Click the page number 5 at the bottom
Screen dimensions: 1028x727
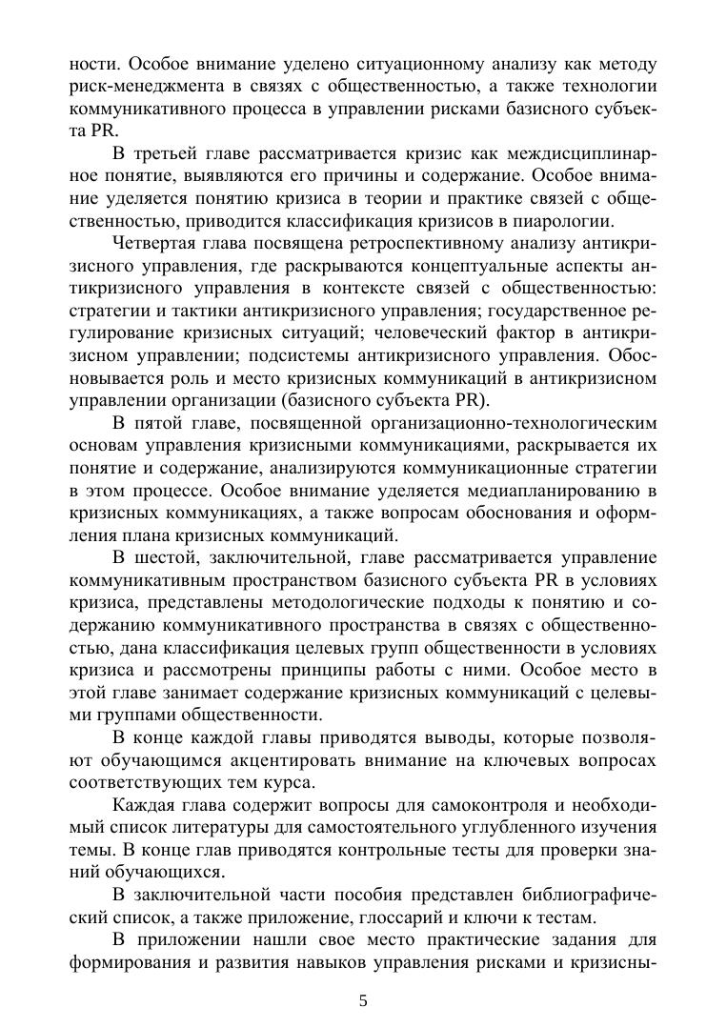363,1000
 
